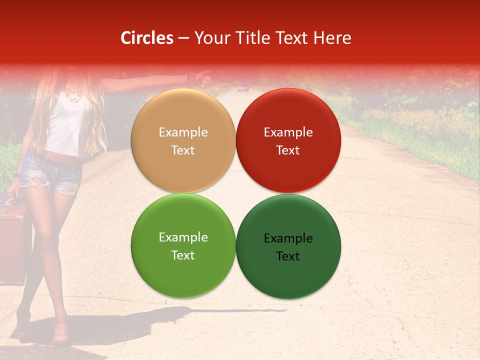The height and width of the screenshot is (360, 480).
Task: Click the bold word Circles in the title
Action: point(147,38)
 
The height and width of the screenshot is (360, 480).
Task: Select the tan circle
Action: point(183,141)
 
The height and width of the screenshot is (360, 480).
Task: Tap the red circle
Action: point(288,141)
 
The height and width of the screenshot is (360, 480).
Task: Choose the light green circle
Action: point(183,246)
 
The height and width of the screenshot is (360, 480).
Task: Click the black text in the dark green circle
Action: point(288,247)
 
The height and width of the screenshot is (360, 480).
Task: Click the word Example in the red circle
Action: point(288,132)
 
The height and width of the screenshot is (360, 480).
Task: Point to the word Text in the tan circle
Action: point(183,150)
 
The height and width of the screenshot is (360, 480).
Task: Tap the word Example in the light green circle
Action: point(183,237)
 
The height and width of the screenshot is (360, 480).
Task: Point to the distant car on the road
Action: point(243,88)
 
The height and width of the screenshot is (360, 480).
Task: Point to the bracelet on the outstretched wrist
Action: point(190,78)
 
